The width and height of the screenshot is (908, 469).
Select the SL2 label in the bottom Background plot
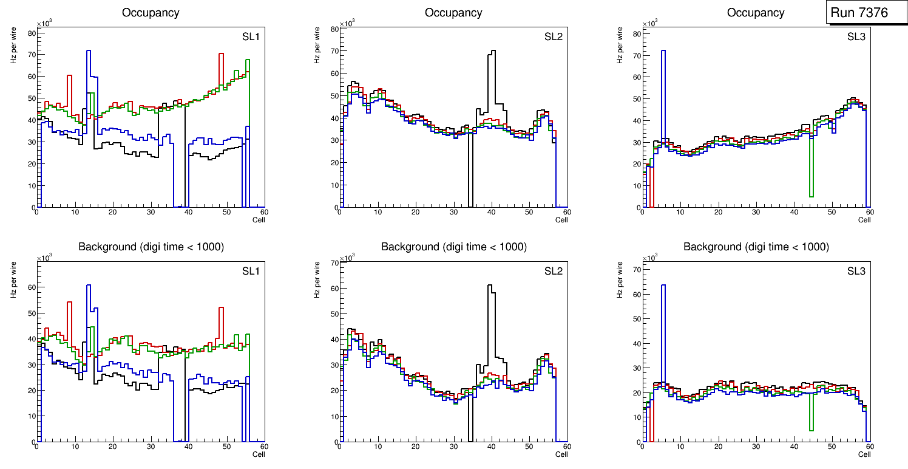pyautogui.click(x=553, y=272)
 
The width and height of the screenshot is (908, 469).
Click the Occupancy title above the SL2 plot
pyautogui.click(x=453, y=13)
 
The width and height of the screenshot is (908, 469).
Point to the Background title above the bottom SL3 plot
pyautogui.click(x=756, y=247)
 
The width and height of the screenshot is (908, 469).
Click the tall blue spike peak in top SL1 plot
pyautogui.click(x=89, y=51)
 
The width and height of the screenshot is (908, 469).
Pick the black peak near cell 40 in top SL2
pyautogui.click(x=492, y=52)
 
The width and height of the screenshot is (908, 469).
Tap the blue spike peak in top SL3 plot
pyautogui.click(x=663, y=51)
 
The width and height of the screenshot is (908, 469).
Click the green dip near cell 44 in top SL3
pyautogui.click(x=811, y=196)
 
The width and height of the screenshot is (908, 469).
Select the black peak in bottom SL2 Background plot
pyautogui.click(x=490, y=286)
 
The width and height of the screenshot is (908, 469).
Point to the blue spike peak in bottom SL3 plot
pyautogui.click(x=663, y=285)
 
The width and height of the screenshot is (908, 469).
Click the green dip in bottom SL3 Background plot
pyautogui.click(x=811, y=430)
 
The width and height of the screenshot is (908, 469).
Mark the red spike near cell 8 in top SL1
pyautogui.click(x=70, y=76)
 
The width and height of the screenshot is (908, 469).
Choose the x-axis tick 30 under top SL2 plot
pyautogui.click(x=453, y=213)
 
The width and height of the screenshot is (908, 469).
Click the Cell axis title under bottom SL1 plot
pyautogui.click(x=259, y=454)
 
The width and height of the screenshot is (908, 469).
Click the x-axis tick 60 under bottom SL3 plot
pyautogui.click(x=869, y=447)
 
